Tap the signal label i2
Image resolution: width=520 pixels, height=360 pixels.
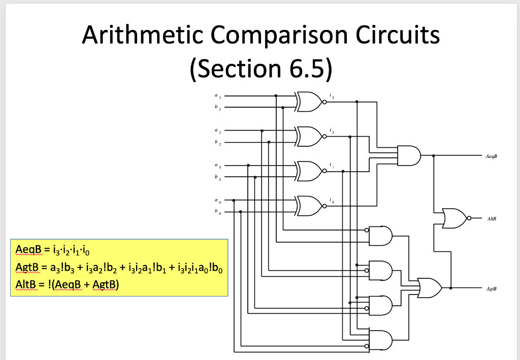click(331, 130)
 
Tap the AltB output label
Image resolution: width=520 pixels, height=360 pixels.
click(491, 219)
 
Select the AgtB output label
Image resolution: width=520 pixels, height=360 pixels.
click(491, 288)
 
